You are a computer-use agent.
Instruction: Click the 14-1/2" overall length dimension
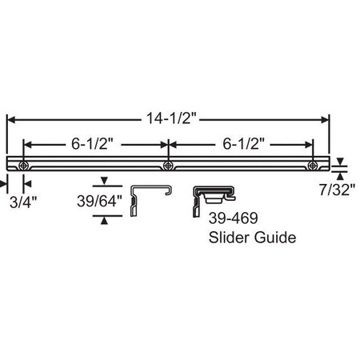click(x=168, y=118)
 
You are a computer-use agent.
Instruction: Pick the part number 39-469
click(x=228, y=219)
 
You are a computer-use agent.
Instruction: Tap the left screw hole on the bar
click(x=24, y=166)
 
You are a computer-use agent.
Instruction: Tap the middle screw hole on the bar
click(x=167, y=166)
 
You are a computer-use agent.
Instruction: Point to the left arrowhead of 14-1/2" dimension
click(x=11, y=118)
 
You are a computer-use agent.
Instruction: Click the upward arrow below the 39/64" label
click(x=103, y=217)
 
